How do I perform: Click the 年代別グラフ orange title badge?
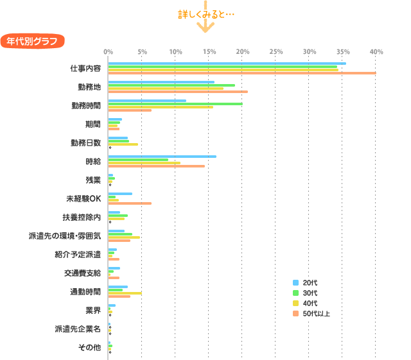point(32,41)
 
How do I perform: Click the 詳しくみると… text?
point(205,14)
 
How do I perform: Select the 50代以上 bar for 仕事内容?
point(241,73)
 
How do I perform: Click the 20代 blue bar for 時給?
point(162,156)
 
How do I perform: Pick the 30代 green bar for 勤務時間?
point(175,103)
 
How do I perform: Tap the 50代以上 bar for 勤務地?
point(177,92)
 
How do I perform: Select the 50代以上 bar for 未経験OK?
point(130,203)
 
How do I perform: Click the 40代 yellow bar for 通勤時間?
point(125,293)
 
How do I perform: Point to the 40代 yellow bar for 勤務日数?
point(123,144)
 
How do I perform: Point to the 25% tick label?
point(275,51)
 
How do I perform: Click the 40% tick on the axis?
point(376,51)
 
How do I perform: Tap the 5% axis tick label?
point(142,51)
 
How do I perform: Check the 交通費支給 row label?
point(82,273)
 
